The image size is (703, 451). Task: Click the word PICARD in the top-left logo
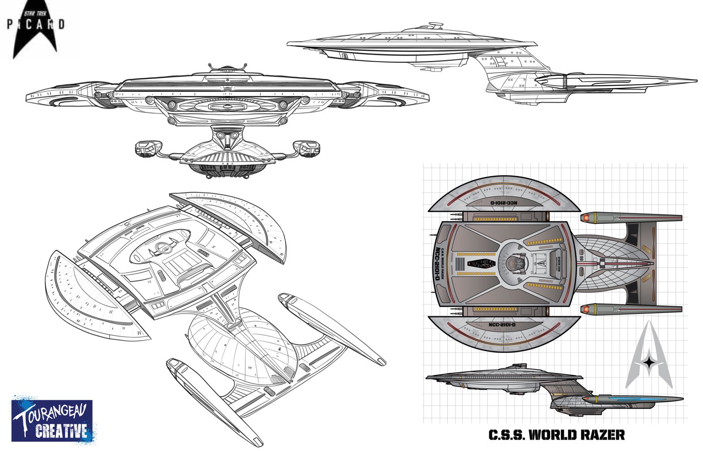tap(36, 24)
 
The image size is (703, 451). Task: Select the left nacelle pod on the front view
tap(147, 148)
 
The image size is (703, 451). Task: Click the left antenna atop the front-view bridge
tap(211, 67)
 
